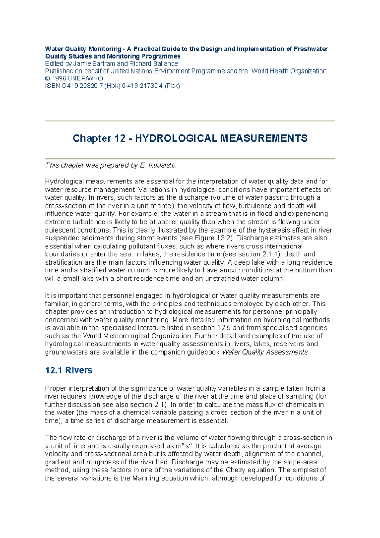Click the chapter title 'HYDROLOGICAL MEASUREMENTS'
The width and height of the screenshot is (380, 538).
tap(221, 138)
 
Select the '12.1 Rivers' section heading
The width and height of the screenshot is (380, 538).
tap(69, 370)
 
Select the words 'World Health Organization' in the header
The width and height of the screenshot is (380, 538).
tap(289, 71)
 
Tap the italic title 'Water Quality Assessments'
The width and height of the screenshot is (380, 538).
tap(265, 352)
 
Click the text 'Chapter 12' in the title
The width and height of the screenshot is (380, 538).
tap(99, 138)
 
